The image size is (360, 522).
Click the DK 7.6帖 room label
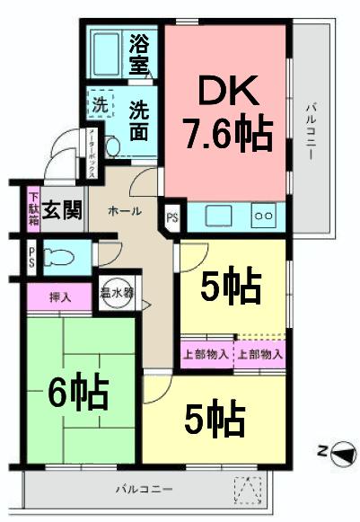coord(227,112)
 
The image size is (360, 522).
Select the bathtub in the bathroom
coord(108,55)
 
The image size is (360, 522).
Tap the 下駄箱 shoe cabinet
coord(33,209)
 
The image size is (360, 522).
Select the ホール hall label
coord(123,210)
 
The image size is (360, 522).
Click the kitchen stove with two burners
coord(264,217)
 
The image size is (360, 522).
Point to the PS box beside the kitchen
coord(171,217)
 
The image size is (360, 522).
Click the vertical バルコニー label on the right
coord(310,132)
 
